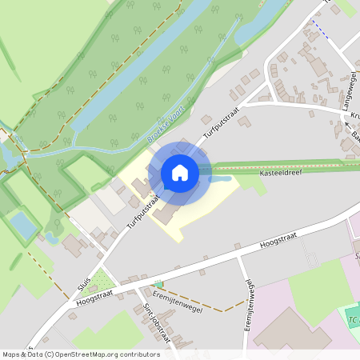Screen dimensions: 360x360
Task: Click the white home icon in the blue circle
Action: [179, 173]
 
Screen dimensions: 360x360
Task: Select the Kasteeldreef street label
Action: [279, 173]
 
